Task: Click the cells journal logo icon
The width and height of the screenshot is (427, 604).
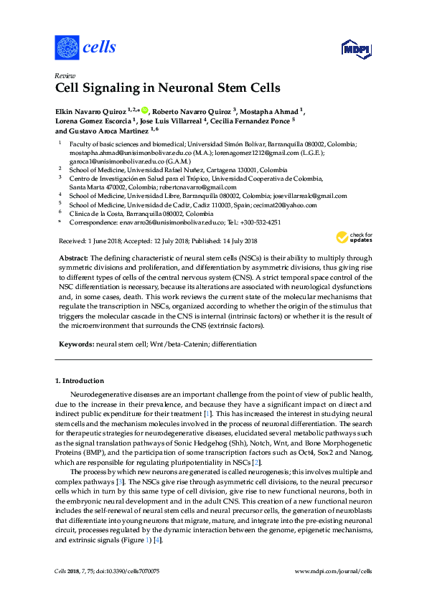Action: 67,47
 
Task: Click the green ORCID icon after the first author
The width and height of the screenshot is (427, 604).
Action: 144,110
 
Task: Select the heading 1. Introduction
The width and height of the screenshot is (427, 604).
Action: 80,381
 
